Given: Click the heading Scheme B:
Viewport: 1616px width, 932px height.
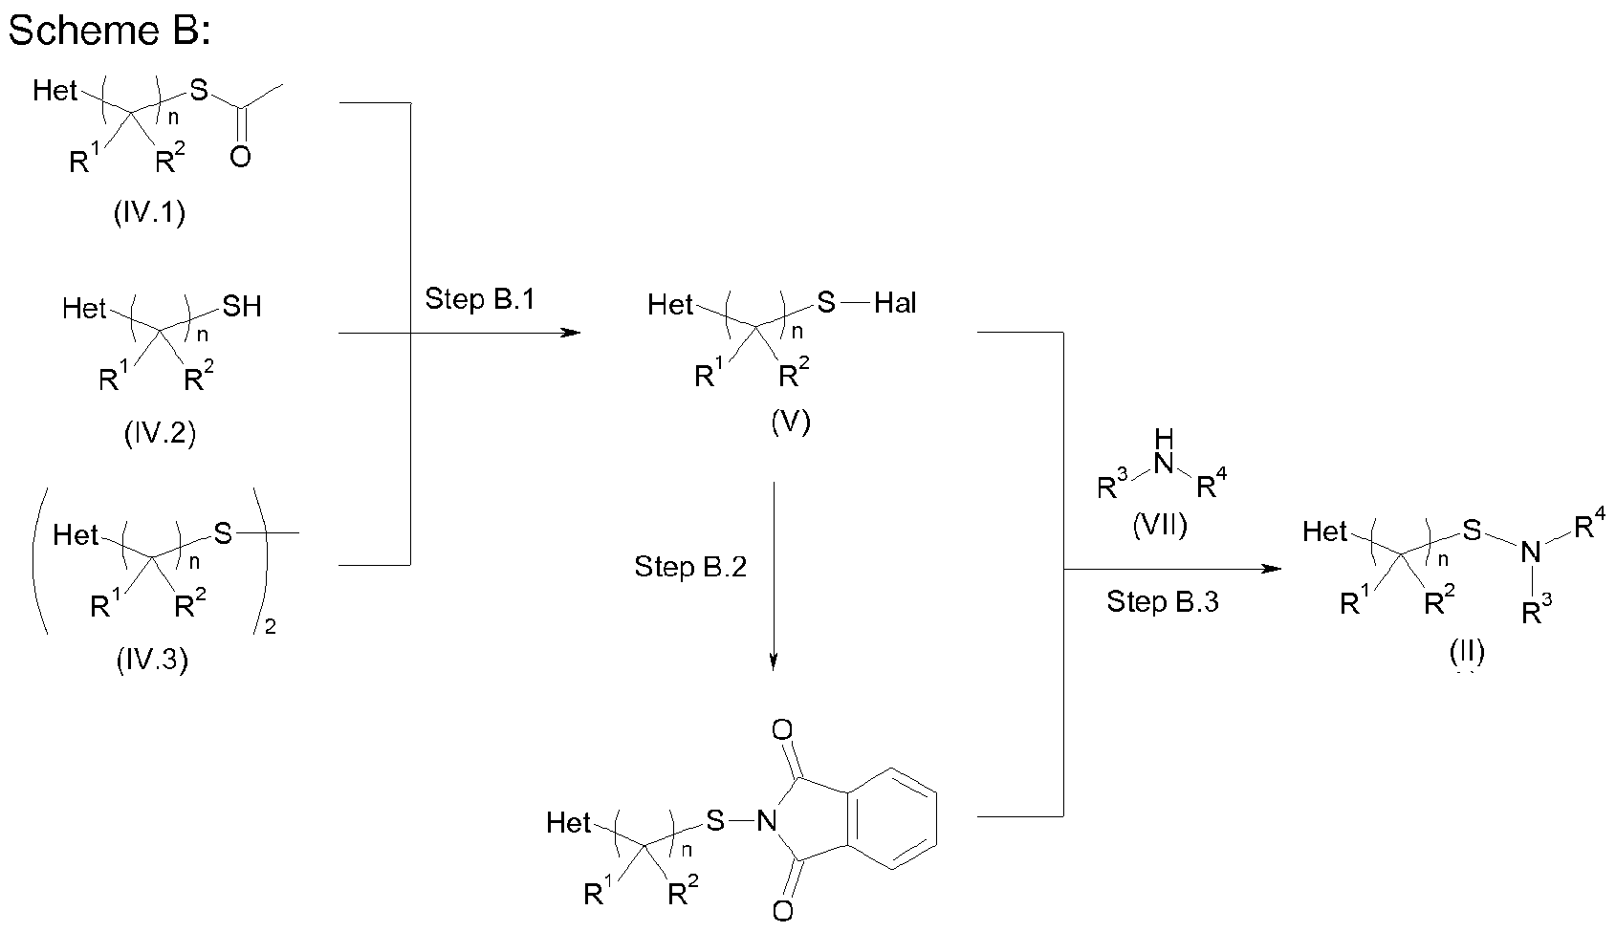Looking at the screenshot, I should (x=108, y=31).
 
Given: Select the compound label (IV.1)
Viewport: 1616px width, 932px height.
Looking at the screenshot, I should (x=148, y=212).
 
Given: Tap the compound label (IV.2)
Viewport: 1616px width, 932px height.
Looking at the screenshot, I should (x=160, y=434).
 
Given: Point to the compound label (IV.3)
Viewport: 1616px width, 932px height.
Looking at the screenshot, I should (x=151, y=661).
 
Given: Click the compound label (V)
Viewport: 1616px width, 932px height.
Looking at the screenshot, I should (x=790, y=422).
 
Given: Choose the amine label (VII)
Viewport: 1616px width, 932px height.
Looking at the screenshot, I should (x=1160, y=526).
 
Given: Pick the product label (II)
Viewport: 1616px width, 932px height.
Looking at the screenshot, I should (x=1466, y=652).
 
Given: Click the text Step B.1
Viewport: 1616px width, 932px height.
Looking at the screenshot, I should (x=480, y=299).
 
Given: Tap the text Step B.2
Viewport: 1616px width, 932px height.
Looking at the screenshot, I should (x=690, y=567).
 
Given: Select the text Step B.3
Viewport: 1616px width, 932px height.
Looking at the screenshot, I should (x=1163, y=601).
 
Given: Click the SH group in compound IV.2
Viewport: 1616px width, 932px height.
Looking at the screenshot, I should (x=241, y=307).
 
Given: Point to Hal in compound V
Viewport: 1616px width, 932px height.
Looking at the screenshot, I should (x=895, y=304).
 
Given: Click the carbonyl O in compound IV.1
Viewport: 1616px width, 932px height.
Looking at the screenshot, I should (x=240, y=157).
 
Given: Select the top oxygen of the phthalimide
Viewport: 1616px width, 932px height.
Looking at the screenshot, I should (x=781, y=731).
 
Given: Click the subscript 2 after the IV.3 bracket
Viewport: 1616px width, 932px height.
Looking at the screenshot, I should (x=271, y=629).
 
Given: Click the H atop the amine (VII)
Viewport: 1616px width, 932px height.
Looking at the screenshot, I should (x=1163, y=439).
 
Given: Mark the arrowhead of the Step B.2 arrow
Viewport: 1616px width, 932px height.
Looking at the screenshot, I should (x=774, y=661).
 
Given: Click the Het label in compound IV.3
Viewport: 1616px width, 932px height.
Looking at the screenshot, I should (x=76, y=534).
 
